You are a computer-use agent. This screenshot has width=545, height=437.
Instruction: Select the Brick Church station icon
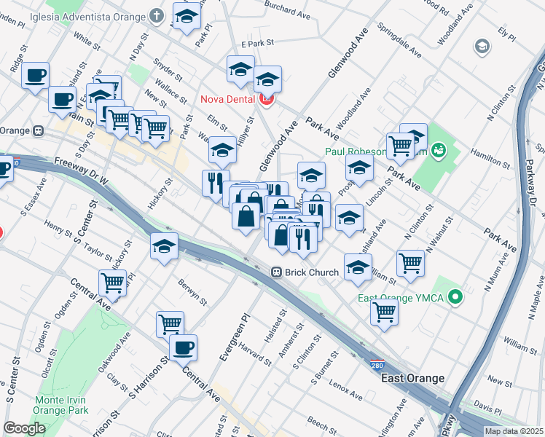pyautogui.click(x=277, y=272)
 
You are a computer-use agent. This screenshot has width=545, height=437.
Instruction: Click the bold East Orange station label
pyautogui.click(x=412, y=378)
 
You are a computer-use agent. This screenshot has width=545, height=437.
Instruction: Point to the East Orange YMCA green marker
pyautogui.click(x=455, y=298)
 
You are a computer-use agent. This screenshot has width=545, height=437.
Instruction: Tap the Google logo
pyautogui.click(x=24, y=428)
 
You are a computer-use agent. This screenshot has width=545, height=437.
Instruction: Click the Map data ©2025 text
pyautogui.click(x=514, y=431)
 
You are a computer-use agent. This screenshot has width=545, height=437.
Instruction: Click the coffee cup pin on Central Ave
pyautogui.click(x=184, y=347)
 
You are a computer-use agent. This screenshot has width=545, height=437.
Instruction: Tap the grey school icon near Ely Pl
pyautogui.click(x=481, y=47)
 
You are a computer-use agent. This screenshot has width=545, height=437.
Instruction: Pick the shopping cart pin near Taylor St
pyautogui.click(x=112, y=282)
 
